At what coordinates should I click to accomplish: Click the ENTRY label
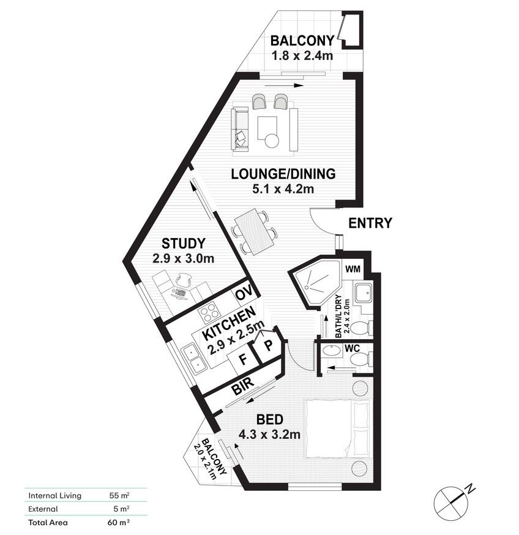point(370,223)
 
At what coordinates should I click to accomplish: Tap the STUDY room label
point(183,244)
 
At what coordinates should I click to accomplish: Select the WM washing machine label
point(353,269)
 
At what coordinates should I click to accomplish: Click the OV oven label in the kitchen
point(244,293)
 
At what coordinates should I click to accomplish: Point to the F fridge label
point(243,359)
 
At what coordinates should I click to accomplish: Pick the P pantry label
point(269,346)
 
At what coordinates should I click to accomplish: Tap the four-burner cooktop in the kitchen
point(209,313)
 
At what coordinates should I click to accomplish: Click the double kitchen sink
point(193,360)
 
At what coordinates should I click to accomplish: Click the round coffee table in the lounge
point(272,141)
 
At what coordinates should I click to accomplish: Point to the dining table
point(254,231)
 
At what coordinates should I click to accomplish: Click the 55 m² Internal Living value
point(119,495)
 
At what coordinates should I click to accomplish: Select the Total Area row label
point(48,522)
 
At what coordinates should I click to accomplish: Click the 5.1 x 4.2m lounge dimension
point(283,189)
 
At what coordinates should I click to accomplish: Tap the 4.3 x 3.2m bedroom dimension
point(269,435)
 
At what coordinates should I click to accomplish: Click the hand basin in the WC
point(331,351)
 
